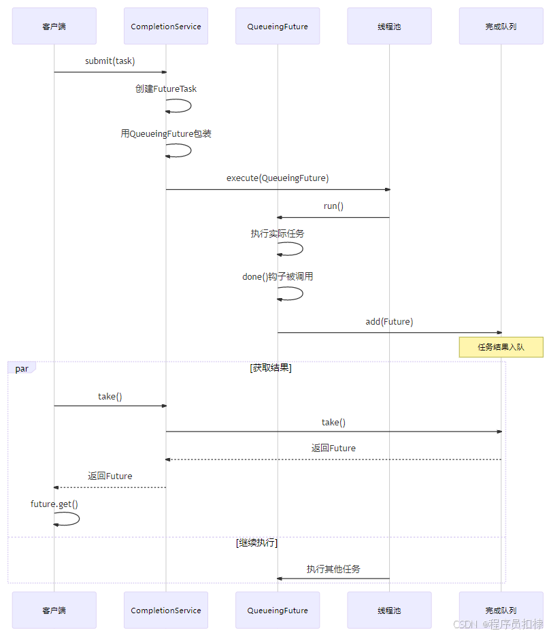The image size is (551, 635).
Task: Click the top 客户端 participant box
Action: pos(54,27)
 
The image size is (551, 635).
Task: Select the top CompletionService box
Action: pos(166,27)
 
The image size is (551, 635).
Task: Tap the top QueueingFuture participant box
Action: pos(278,27)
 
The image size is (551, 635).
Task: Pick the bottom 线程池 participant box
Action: pos(389,610)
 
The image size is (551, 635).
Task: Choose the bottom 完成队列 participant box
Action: pos(501,610)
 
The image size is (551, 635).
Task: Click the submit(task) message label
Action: pos(110,61)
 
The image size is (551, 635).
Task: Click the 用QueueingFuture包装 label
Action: pos(166,134)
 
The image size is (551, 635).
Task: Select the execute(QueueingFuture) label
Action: pos(278,178)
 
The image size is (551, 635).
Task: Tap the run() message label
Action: pos(333,206)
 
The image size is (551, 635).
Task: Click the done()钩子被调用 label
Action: pos(278,277)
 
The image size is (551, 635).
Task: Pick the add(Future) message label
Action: pos(389,322)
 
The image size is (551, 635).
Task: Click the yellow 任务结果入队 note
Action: pos(501,347)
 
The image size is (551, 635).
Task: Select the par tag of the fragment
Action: pos(22,369)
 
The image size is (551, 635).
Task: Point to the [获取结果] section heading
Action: pos(271,368)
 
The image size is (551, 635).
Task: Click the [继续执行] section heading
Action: pos(257,543)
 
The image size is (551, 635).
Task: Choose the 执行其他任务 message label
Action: pos(333,569)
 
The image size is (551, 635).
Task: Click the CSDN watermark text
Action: pos(465,624)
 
